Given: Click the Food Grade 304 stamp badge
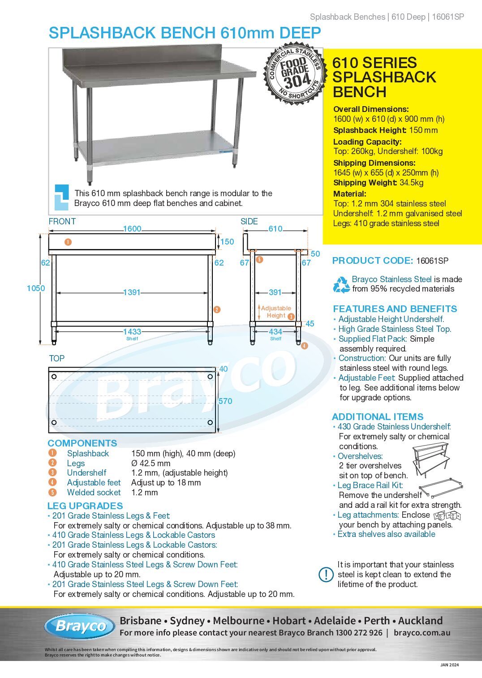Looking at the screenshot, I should coord(294,74).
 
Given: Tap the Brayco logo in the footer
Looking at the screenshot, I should coord(81,626).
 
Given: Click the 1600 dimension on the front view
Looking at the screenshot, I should coord(132,229).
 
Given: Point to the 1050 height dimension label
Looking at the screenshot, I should coord(36,288).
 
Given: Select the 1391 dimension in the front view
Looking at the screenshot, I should coord(132,292).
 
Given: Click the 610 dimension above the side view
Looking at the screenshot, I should coord(275,229).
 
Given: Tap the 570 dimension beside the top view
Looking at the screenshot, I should coord(225,401).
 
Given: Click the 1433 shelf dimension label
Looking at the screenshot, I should coord(132,332).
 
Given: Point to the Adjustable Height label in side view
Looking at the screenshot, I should coord(276,312).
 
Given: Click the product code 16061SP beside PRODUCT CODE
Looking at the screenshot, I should coord(432,261).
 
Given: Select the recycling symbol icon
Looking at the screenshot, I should coord(341,284).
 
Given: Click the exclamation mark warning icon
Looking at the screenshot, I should coord(326,575).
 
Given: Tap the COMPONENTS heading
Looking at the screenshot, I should coord(82,443).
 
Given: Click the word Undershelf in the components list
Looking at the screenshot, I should coord(86,473).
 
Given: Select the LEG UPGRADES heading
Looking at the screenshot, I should coord(85,506).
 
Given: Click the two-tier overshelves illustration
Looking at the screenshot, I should coord(430,459).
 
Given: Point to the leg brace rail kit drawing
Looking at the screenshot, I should coord(440,488).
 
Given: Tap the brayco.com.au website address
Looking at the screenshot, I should coord(422,633).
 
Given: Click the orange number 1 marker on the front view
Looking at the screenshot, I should coord(68,242).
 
